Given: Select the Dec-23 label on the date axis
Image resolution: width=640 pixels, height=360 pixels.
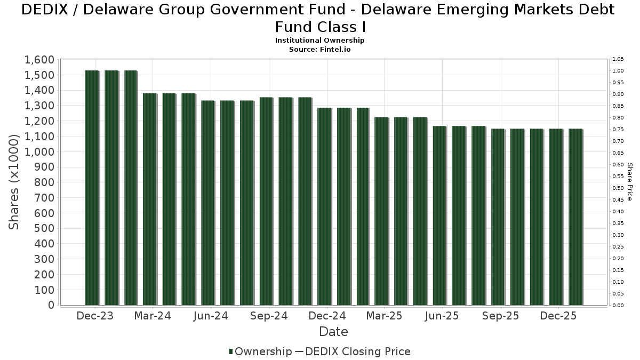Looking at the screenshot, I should pos(95,316).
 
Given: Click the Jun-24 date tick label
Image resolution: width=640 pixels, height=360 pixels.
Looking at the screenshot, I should pos(211,316).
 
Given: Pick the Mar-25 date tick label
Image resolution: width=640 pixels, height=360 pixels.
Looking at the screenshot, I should pos(384,316).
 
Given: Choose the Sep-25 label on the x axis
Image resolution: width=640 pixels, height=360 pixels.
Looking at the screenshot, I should pos(500,316).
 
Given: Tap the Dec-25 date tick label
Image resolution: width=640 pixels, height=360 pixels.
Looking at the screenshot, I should pos(558,316).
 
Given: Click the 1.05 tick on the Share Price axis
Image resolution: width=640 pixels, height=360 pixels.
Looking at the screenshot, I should pos(618,59).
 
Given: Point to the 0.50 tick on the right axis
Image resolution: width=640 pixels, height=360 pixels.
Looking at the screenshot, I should pos(618,188).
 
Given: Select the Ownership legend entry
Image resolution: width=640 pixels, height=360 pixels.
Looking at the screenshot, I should pos(263,351).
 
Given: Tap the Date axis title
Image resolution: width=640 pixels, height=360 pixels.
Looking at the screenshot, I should pos(333,332).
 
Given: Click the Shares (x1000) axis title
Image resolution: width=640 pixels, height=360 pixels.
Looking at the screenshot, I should pos(14,182).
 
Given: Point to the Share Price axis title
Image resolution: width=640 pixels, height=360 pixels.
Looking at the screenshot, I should pos(630,182).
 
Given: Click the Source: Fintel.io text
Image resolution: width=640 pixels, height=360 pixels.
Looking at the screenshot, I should pos(320,49).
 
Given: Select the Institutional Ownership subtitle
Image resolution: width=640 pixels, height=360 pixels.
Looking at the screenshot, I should pos(320,41).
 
